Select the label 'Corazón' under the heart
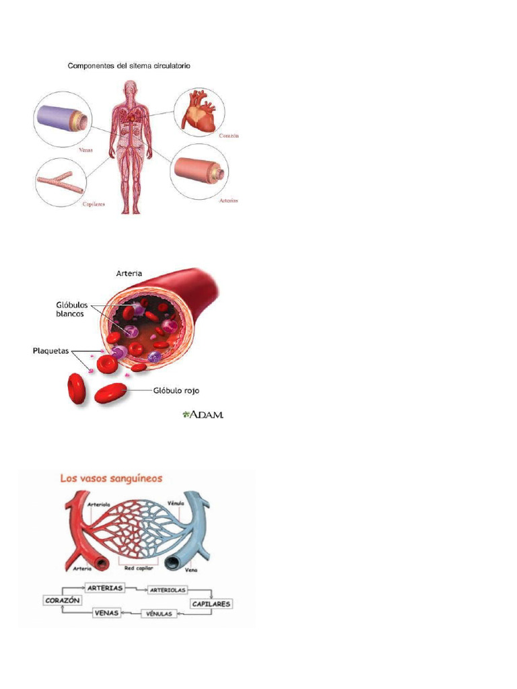[x=229, y=135]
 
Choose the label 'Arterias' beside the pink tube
[x=229, y=201]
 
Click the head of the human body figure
[x=131, y=87]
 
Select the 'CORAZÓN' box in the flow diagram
[x=62, y=600]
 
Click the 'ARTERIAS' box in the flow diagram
[x=105, y=587]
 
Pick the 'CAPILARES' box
[x=211, y=604]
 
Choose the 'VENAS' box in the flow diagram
[x=106, y=613]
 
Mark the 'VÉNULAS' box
[x=159, y=614]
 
